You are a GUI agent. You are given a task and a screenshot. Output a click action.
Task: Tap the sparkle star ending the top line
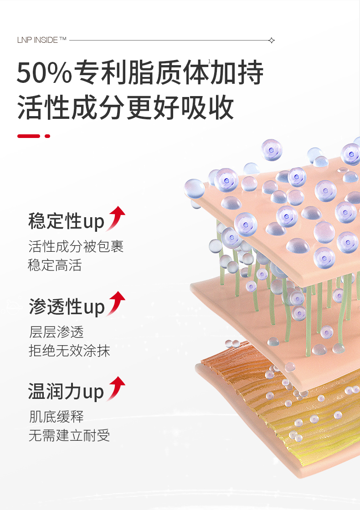click(272, 40)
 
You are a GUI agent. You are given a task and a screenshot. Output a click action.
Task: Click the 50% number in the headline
click(44, 73)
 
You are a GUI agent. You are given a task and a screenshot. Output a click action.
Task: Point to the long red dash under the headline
click(29, 136)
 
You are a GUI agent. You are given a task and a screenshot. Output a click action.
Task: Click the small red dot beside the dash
click(47, 136)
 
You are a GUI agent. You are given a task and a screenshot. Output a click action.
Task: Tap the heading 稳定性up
click(67, 221)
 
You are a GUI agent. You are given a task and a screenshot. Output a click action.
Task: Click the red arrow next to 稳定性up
click(117, 218)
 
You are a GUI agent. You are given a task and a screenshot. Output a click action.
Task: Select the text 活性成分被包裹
click(76, 247)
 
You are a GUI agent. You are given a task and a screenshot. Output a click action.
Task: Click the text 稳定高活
click(55, 265)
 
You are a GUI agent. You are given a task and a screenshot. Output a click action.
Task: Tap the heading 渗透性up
click(67, 306)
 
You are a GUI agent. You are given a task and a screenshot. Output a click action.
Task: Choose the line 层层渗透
click(57, 332)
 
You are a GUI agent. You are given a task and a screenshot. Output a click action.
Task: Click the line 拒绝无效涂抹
click(69, 351)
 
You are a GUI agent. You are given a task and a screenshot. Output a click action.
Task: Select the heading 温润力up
click(67, 392)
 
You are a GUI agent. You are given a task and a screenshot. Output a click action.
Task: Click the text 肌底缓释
click(57, 417)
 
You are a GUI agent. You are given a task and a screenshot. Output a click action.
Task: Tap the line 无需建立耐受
click(69, 435)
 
